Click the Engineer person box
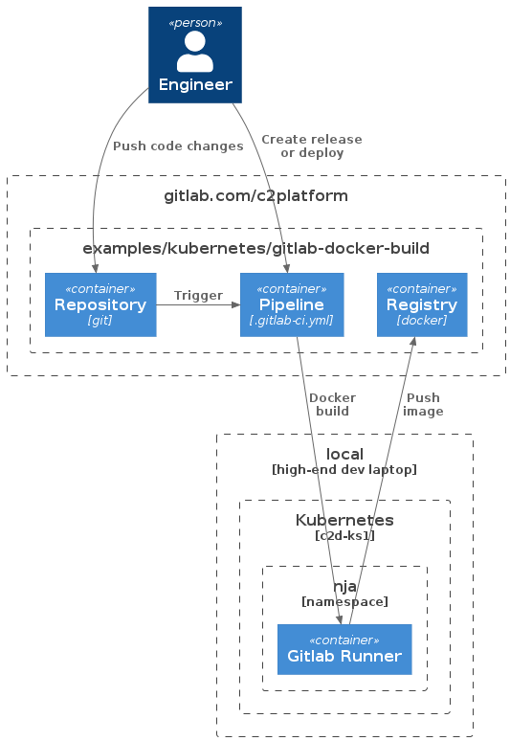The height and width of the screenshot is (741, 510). point(195,55)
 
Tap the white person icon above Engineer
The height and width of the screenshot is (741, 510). point(195,52)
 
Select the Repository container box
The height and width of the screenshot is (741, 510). point(100,304)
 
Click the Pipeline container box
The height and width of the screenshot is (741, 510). point(292,304)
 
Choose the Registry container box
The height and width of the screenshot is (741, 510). point(422,304)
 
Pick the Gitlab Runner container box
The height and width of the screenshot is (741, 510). point(344,649)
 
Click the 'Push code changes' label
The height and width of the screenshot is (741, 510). point(178,146)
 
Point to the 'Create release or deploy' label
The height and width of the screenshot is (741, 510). point(312,146)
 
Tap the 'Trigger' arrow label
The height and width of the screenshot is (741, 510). point(198,296)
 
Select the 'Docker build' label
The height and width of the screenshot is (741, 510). point(332,405)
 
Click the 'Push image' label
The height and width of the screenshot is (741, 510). point(423,405)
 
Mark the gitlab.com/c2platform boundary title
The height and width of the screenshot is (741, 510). point(255,195)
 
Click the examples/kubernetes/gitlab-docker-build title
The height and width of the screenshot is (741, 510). point(255,248)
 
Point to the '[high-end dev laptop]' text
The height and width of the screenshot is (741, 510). point(344,470)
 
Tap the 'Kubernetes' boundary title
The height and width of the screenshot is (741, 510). point(344,520)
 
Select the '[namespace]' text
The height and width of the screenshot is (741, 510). point(344,601)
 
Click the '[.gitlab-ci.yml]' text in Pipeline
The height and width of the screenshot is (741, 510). point(292,321)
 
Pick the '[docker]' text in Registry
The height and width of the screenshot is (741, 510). point(422,321)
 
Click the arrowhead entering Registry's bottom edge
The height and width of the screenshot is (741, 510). point(413,342)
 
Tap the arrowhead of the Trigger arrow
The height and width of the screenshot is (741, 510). point(235,304)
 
